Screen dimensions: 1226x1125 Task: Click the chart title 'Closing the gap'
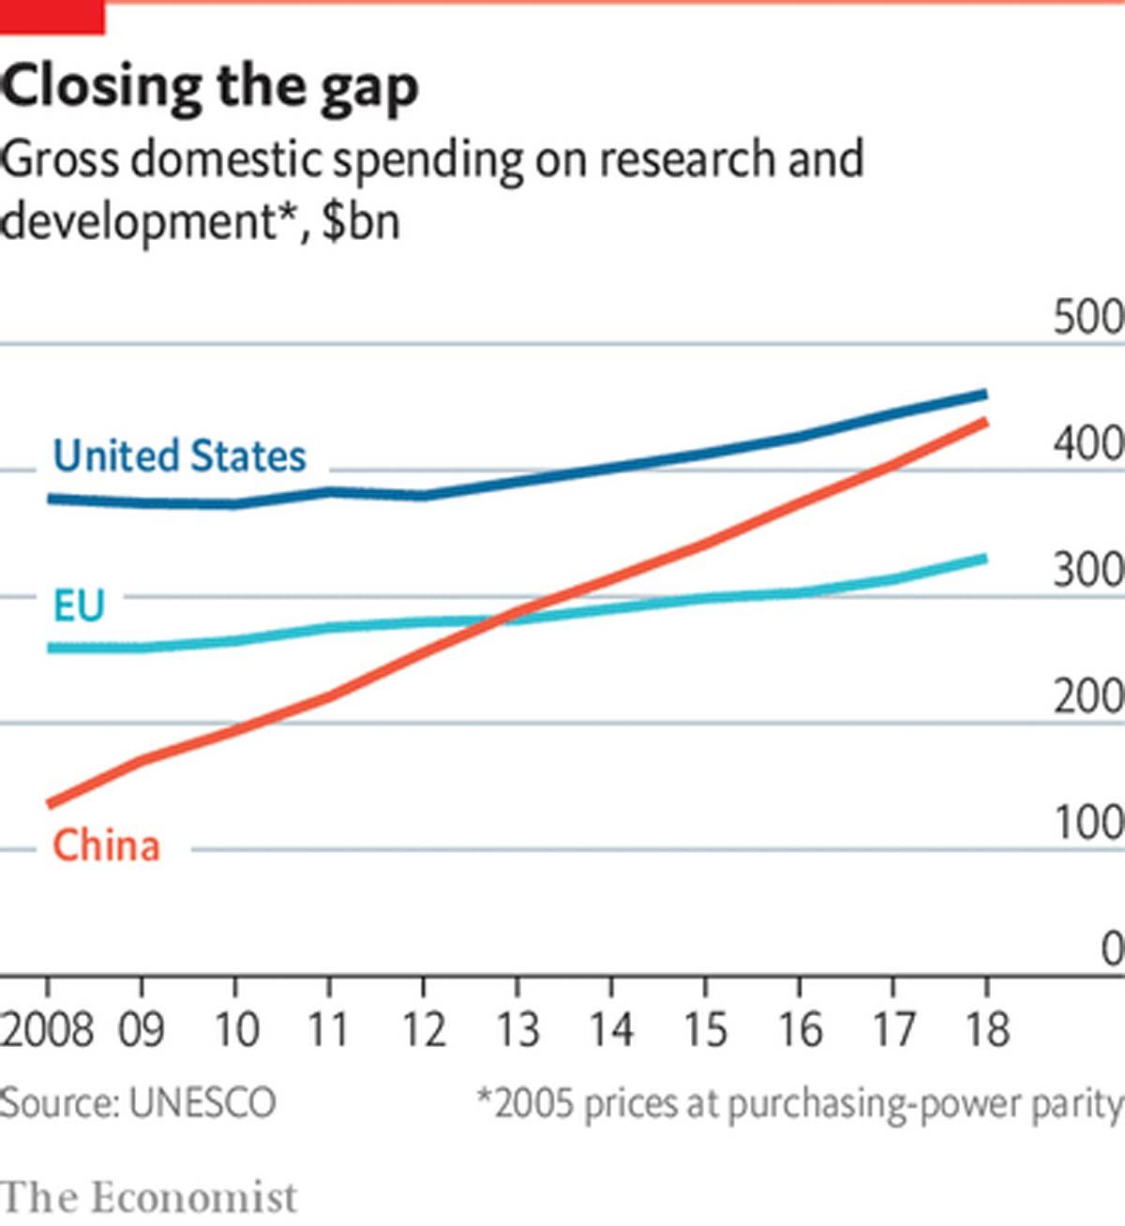(x=210, y=87)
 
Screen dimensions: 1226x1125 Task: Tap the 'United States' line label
(x=179, y=456)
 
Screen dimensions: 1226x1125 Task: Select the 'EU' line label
(x=78, y=606)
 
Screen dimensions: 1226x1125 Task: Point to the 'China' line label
(x=106, y=845)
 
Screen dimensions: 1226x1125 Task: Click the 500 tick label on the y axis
(x=1087, y=318)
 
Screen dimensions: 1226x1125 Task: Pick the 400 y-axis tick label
(x=1087, y=443)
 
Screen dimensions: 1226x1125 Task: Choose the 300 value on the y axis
(x=1087, y=570)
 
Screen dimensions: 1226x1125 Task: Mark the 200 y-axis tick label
(x=1087, y=696)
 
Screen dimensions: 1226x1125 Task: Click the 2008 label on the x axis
(x=47, y=1029)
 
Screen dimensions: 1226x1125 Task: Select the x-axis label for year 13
(x=517, y=1029)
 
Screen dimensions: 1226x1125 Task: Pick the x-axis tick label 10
(x=236, y=1029)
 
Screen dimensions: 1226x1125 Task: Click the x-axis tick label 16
(x=799, y=1029)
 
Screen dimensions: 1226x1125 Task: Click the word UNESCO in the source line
(x=202, y=1103)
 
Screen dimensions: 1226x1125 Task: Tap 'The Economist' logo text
(x=149, y=1197)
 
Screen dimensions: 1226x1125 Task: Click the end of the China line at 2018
(x=984, y=422)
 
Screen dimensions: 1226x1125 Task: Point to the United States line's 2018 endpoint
(x=984, y=394)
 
